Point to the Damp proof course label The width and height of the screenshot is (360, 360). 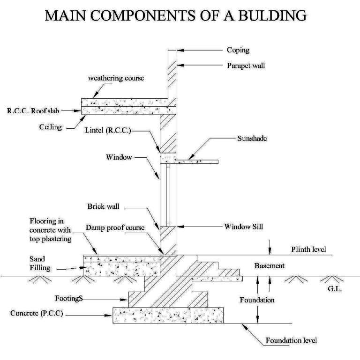coord(114,228)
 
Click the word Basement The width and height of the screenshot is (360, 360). coord(270,265)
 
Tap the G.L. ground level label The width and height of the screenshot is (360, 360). coord(335,290)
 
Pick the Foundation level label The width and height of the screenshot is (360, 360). coord(291,340)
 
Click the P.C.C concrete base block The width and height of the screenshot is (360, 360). coord(168,315)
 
